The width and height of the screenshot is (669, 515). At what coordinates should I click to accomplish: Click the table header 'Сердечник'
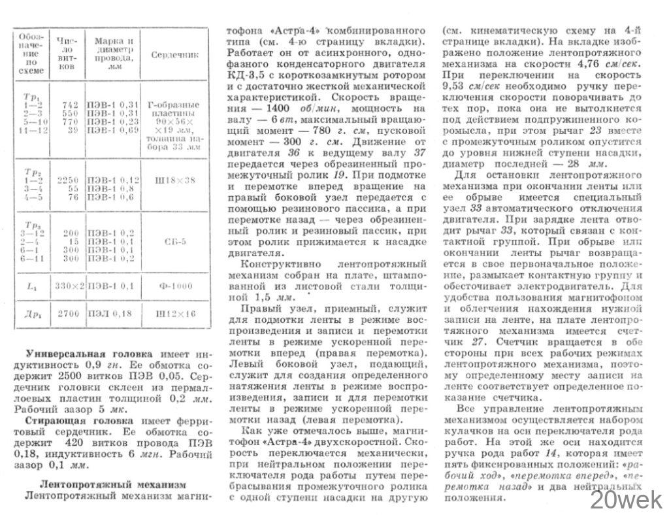click(x=174, y=56)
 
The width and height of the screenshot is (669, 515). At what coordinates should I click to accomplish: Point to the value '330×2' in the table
click(x=67, y=286)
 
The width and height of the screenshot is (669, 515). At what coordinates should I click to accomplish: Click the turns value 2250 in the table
click(x=67, y=179)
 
